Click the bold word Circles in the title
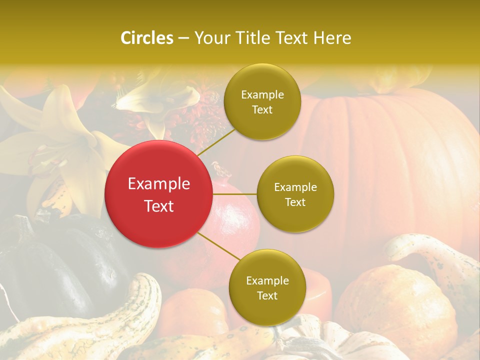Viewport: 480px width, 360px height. click(147, 38)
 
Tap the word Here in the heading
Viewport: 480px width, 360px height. click(332, 38)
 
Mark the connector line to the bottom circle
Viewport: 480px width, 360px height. click(219, 246)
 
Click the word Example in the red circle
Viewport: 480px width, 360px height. click(159, 184)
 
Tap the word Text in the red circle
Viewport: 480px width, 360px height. click(159, 206)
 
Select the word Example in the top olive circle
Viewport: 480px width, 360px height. click(262, 94)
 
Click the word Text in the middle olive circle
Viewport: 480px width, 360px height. click(295, 202)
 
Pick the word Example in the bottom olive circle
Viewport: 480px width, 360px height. click(267, 280)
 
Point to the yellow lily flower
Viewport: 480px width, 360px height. click(65, 145)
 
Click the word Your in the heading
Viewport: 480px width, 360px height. click(210, 38)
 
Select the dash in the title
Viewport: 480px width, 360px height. click(183, 38)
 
